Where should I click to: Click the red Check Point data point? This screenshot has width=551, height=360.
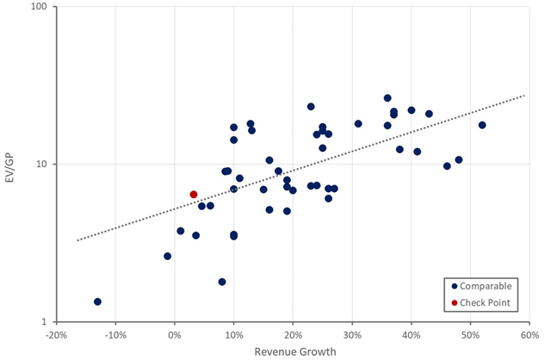click(x=194, y=195)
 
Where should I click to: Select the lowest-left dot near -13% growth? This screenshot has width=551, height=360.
click(x=97, y=301)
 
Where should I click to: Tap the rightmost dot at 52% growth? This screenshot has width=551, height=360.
click(x=482, y=125)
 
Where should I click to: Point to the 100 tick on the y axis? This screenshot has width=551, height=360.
click(x=40, y=7)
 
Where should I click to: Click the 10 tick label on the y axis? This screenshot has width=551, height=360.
click(x=43, y=164)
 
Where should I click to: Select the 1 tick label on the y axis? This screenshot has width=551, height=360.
click(x=46, y=322)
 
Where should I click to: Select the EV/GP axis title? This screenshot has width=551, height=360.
click(x=10, y=164)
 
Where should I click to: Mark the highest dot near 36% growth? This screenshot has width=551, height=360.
click(x=387, y=98)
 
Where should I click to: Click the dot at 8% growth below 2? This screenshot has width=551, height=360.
click(x=222, y=282)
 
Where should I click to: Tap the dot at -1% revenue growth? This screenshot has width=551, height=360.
click(x=168, y=256)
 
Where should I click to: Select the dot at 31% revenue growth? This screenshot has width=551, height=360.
click(x=358, y=124)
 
